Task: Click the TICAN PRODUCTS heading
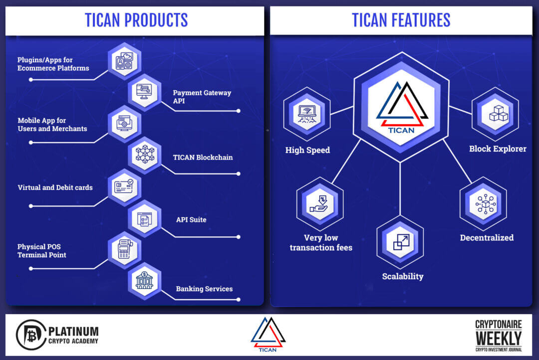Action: coord(136,20)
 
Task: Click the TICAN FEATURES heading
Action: coord(401,20)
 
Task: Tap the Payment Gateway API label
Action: coord(202,97)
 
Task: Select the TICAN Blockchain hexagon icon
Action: coord(145,155)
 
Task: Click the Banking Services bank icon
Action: coord(144,281)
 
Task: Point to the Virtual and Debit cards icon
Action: coord(124,187)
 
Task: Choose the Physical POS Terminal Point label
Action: coord(41,251)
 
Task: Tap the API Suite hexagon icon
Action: coord(145,218)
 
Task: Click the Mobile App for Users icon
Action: coord(124,124)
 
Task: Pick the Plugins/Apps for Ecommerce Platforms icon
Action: coord(124,61)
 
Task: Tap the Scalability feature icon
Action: coord(400,242)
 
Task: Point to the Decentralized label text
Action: coord(487,238)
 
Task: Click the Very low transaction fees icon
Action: coord(320,204)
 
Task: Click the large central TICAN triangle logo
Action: coord(401,107)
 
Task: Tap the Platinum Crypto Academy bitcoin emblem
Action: coord(31,335)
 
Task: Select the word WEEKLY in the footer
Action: coord(499,339)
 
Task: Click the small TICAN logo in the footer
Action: coord(268,334)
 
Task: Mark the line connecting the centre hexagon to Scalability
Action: coord(400,189)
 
